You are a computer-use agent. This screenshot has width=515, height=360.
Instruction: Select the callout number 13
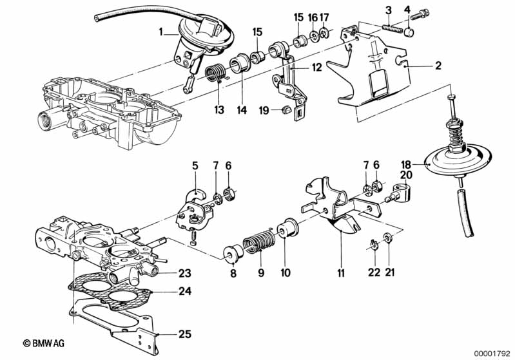[220, 110]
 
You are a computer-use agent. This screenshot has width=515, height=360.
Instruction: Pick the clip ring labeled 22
[374, 243]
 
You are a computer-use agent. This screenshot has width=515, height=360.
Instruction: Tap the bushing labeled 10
[286, 229]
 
